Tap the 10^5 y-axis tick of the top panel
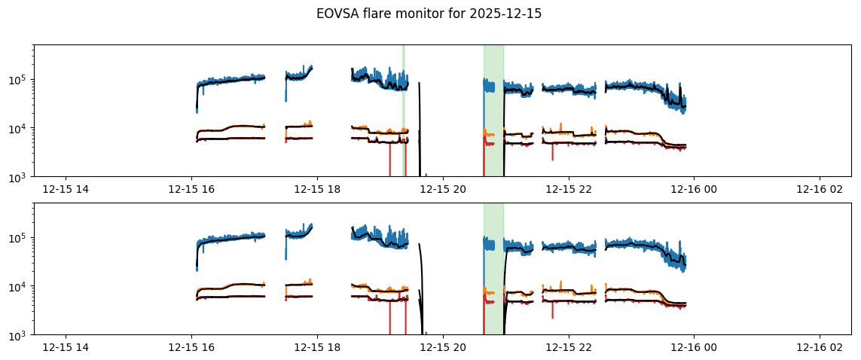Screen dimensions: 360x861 click(20, 80)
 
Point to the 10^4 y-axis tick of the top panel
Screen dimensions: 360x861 click(20, 129)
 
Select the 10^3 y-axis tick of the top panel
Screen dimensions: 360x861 click(20, 177)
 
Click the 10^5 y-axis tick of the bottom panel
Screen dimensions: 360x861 click(20, 238)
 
